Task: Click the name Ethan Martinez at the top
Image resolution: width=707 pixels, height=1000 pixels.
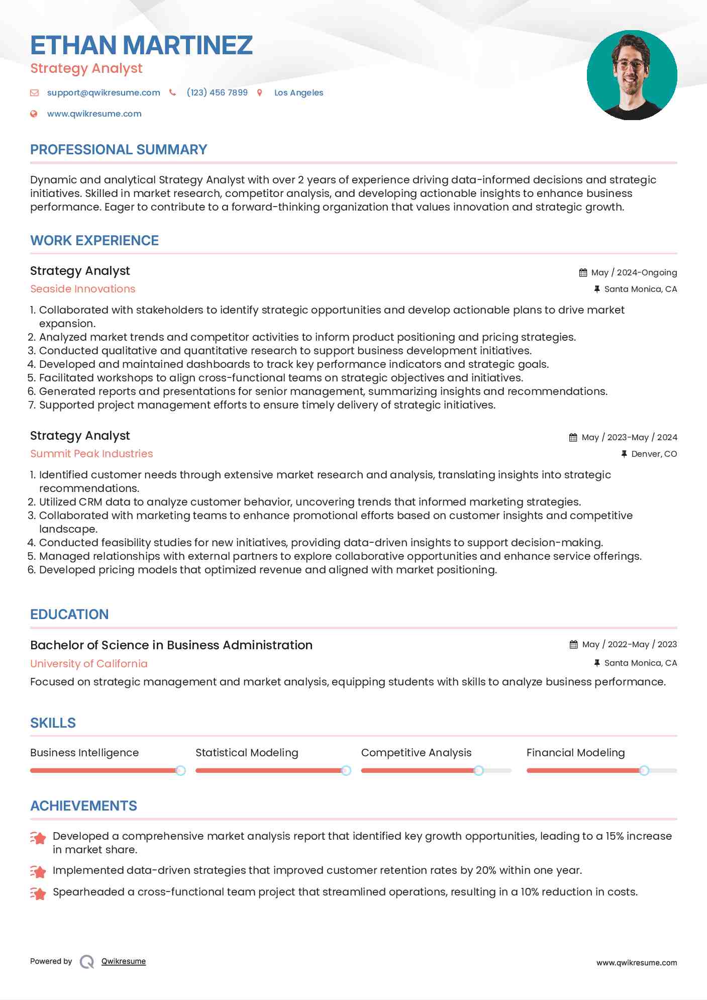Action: tap(141, 45)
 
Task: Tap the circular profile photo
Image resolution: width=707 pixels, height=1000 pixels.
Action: tap(632, 75)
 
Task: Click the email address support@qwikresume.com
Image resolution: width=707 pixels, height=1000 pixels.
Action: tap(104, 92)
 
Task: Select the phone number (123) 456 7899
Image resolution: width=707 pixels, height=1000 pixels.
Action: tap(217, 92)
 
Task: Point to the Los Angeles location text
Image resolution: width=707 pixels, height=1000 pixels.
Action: tap(298, 92)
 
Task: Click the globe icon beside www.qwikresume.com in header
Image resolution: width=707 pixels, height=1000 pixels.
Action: tap(34, 114)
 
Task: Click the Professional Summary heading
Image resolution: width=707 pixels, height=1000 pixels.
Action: tap(119, 150)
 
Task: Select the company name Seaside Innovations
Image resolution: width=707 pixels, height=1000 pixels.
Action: tap(83, 289)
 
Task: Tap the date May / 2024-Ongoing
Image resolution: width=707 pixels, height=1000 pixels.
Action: tap(634, 272)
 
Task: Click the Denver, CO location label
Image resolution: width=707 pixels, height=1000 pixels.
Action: tap(654, 454)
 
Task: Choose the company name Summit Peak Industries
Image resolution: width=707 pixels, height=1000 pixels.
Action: tap(91, 454)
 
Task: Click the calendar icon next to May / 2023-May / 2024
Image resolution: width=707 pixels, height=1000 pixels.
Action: tap(573, 437)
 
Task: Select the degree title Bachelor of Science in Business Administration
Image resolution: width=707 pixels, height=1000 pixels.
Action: tap(171, 645)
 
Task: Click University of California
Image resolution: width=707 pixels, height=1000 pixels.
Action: tap(89, 664)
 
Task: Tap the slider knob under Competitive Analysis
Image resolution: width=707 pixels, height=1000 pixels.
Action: tap(478, 770)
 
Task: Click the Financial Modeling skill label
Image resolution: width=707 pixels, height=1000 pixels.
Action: tap(575, 753)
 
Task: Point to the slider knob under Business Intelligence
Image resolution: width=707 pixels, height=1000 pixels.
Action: tap(180, 770)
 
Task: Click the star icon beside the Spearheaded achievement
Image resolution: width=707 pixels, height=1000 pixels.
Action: tap(38, 893)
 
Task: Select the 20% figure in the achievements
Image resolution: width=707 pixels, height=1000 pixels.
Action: tap(486, 870)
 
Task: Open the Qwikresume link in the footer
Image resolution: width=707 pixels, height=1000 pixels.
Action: tap(124, 961)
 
